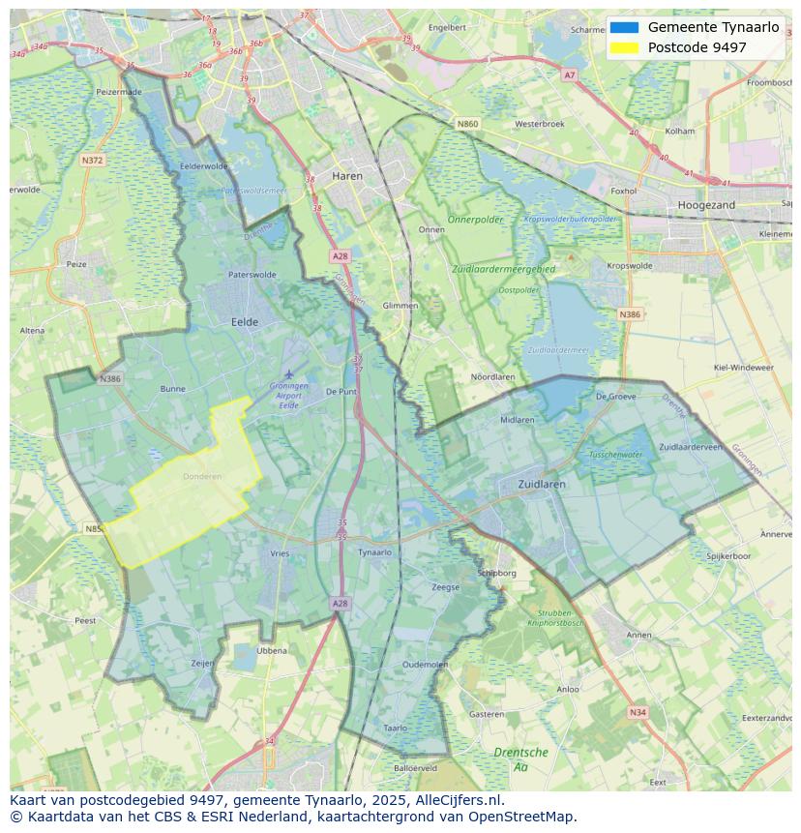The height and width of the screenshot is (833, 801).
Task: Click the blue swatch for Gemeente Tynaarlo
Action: [x=625, y=27]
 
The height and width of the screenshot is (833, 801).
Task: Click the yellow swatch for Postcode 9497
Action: [x=625, y=47]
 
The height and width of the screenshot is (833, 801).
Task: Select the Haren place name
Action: [x=346, y=176]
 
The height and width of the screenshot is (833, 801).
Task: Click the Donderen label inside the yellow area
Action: [x=202, y=476]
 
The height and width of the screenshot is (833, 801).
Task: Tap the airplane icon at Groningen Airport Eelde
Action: [x=288, y=373]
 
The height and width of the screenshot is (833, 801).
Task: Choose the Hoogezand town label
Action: [x=707, y=205]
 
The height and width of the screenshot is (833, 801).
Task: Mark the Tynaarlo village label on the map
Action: [x=374, y=552]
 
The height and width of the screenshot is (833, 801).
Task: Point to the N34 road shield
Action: [x=637, y=712]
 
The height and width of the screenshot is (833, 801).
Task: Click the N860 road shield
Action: [x=467, y=124]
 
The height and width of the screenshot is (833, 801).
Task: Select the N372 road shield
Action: [x=93, y=160]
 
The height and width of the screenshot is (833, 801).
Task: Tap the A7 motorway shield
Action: [x=569, y=74]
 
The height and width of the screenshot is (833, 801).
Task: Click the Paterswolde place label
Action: [x=252, y=275]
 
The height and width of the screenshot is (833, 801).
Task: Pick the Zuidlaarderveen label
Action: [x=692, y=447]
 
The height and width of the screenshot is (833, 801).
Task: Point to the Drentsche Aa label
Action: [x=520, y=759]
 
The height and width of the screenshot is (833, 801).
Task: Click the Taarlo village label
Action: [x=395, y=728]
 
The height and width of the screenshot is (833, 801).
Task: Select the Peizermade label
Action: [x=119, y=92]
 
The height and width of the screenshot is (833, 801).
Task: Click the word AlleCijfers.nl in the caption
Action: [x=460, y=800]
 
